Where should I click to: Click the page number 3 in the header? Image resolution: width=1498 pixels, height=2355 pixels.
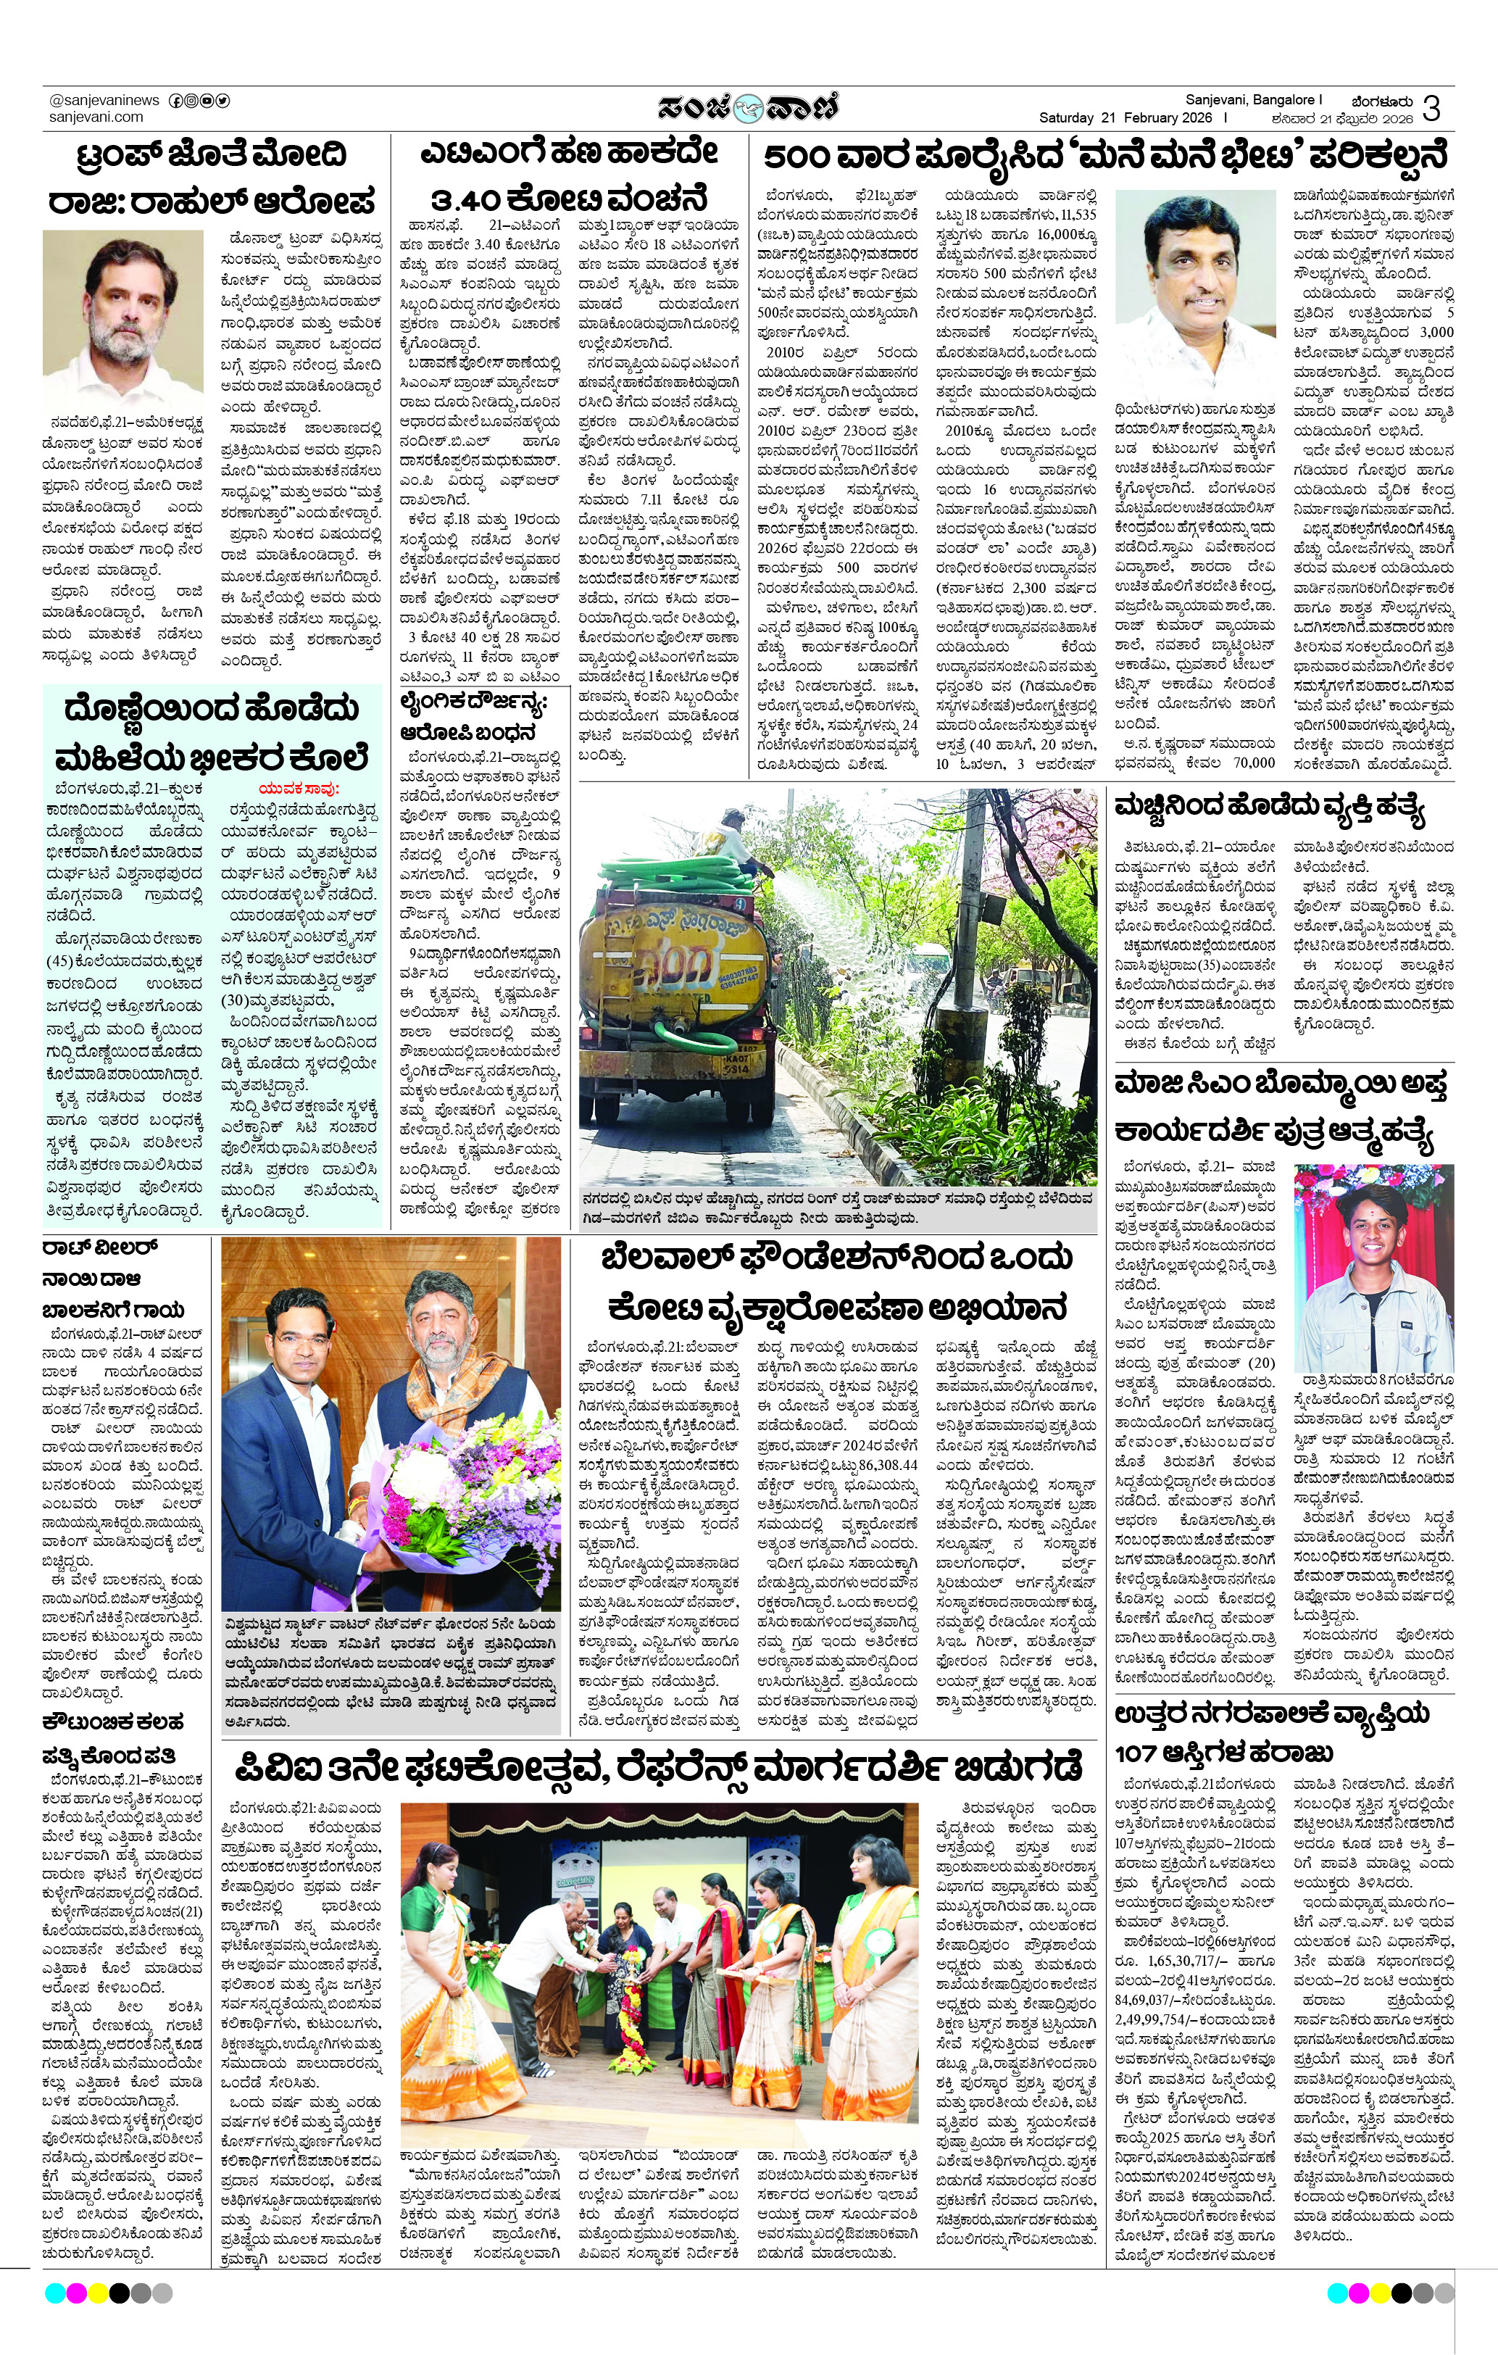click(1431, 107)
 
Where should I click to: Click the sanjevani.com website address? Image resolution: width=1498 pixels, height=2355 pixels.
click(96, 117)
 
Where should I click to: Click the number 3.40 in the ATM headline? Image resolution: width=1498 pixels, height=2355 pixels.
click(473, 199)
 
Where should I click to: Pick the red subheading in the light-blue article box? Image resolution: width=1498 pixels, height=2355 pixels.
click(299, 788)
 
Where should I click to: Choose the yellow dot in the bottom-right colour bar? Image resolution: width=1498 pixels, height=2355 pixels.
click(1380, 2293)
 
